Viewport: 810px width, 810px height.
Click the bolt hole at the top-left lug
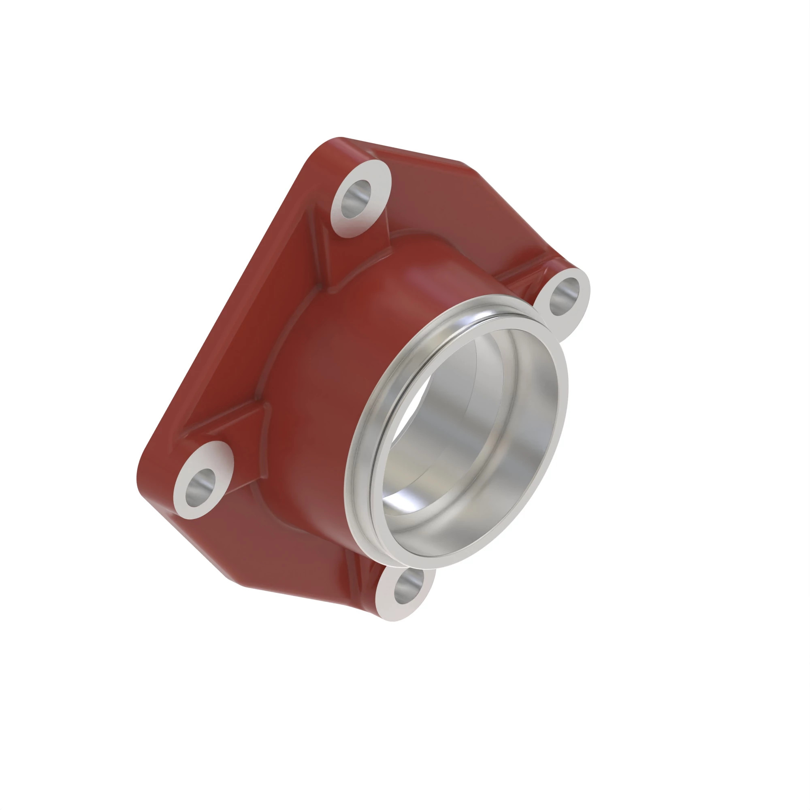coord(356,199)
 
